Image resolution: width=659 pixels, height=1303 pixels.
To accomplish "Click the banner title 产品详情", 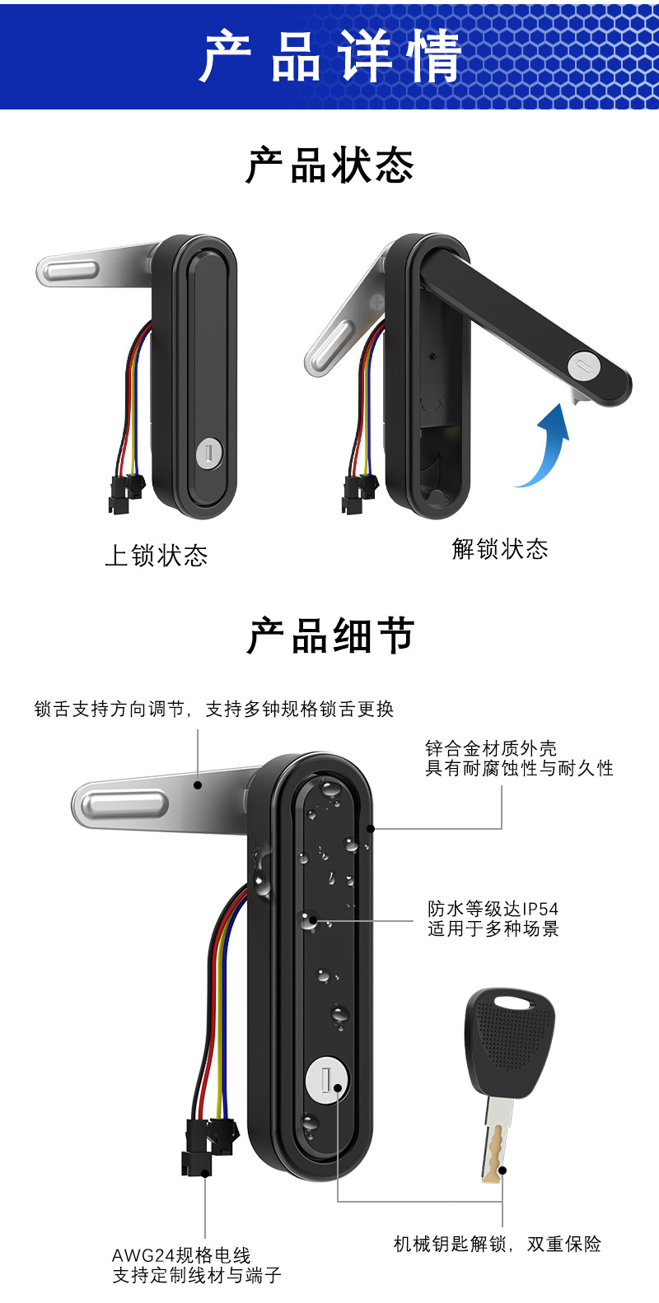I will [329, 56].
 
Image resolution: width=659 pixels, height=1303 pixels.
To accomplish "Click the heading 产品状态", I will [329, 165].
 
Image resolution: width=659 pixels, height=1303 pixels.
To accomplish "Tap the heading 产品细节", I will [329, 636].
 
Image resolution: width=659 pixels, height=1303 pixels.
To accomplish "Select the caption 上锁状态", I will [157, 556].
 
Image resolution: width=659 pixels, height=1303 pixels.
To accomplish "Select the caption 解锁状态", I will [500, 549].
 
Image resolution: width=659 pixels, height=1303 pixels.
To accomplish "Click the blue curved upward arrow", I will [547, 449].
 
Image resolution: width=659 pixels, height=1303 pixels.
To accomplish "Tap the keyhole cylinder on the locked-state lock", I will [209, 454].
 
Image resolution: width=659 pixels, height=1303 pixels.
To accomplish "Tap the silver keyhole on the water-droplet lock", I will [327, 1079].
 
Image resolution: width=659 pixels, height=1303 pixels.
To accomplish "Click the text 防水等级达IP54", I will [493, 909].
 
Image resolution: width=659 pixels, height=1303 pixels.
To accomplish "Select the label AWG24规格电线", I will [181, 1256].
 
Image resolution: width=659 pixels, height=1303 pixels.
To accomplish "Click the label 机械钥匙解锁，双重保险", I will [498, 1244].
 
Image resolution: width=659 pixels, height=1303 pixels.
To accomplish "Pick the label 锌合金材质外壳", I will [491, 748].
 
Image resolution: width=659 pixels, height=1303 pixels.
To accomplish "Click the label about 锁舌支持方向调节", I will [214, 709].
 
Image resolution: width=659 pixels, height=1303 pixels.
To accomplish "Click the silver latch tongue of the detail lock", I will [124, 802].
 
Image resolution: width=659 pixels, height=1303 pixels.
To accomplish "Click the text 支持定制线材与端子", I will [197, 1276].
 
